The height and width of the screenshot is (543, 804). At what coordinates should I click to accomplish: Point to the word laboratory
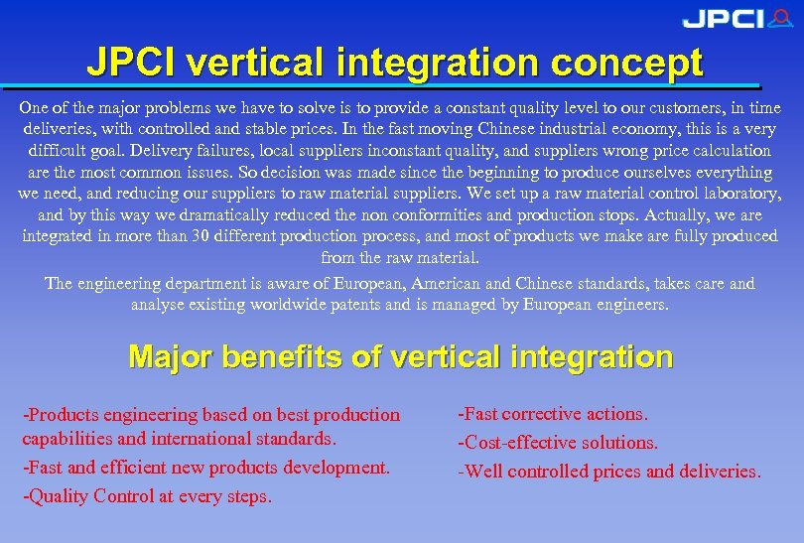tap(729, 194)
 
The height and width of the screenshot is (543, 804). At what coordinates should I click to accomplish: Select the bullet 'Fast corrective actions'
tap(553, 414)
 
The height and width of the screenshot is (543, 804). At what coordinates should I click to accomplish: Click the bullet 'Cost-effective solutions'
tap(558, 443)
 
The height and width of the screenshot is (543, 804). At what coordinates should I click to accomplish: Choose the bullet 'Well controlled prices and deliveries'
tap(609, 472)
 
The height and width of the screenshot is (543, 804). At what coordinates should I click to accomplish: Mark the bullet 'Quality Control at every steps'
tap(147, 496)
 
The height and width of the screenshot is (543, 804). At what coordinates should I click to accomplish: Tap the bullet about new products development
tap(206, 467)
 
